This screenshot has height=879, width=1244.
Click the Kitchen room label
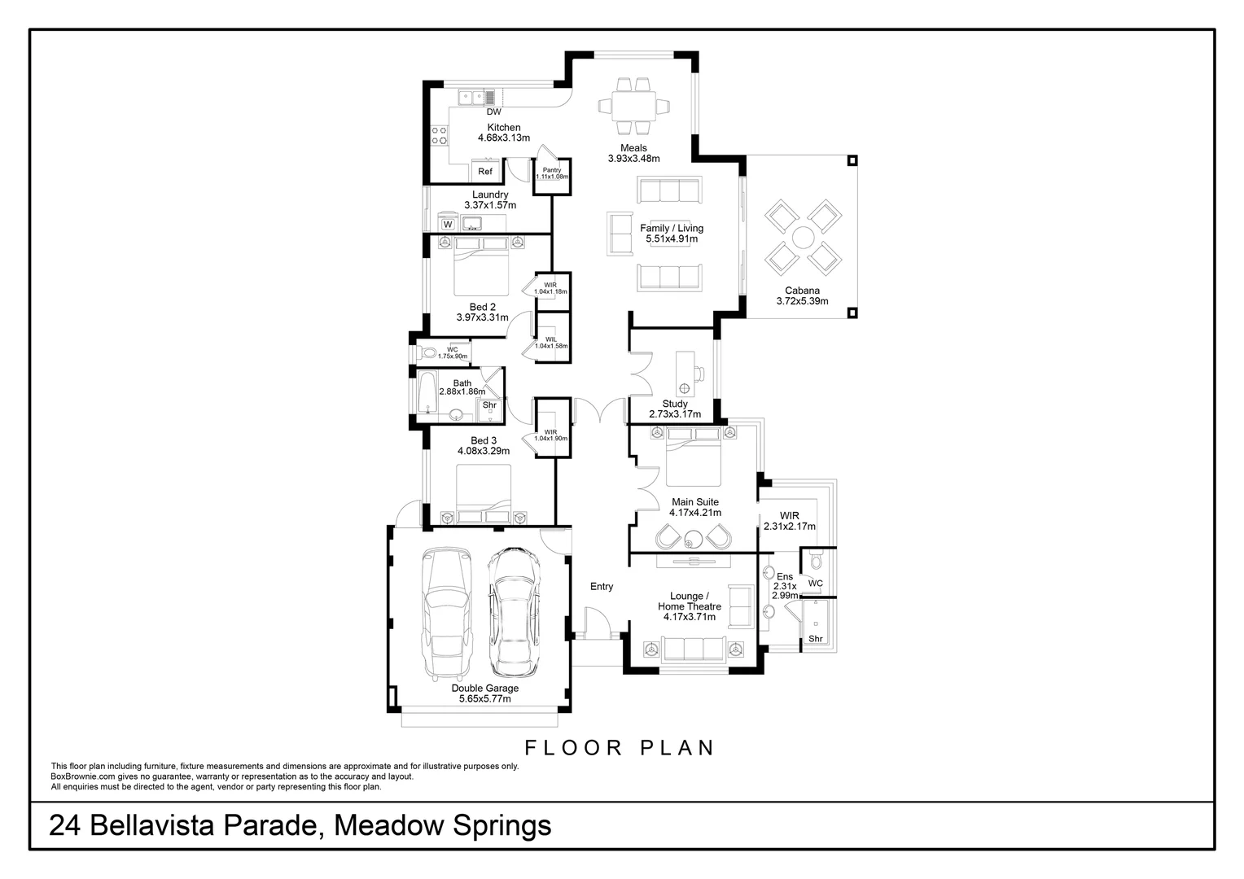(x=504, y=127)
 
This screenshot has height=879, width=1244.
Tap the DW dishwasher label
(x=493, y=112)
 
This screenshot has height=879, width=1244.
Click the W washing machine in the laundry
(x=448, y=225)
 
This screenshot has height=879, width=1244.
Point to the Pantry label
(x=552, y=170)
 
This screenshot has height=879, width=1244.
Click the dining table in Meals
(x=633, y=106)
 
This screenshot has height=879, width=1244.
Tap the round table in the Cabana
(x=803, y=238)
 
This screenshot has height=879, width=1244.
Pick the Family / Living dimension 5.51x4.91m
(x=672, y=238)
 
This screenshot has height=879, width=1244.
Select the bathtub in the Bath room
(x=427, y=392)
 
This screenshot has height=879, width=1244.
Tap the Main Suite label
(x=694, y=502)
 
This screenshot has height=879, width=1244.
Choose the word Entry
(x=602, y=586)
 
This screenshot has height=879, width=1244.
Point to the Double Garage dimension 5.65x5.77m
(x=485, y=698)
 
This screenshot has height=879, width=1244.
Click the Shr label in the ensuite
(x=815, y=639)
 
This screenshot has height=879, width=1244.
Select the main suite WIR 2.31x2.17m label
(x=789, y=521)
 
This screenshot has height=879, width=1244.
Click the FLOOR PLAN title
(x=620, y=748)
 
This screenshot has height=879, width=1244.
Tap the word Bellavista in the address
(x=151, y=825)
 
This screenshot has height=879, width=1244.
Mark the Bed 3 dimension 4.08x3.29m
(x=483, y=451)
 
